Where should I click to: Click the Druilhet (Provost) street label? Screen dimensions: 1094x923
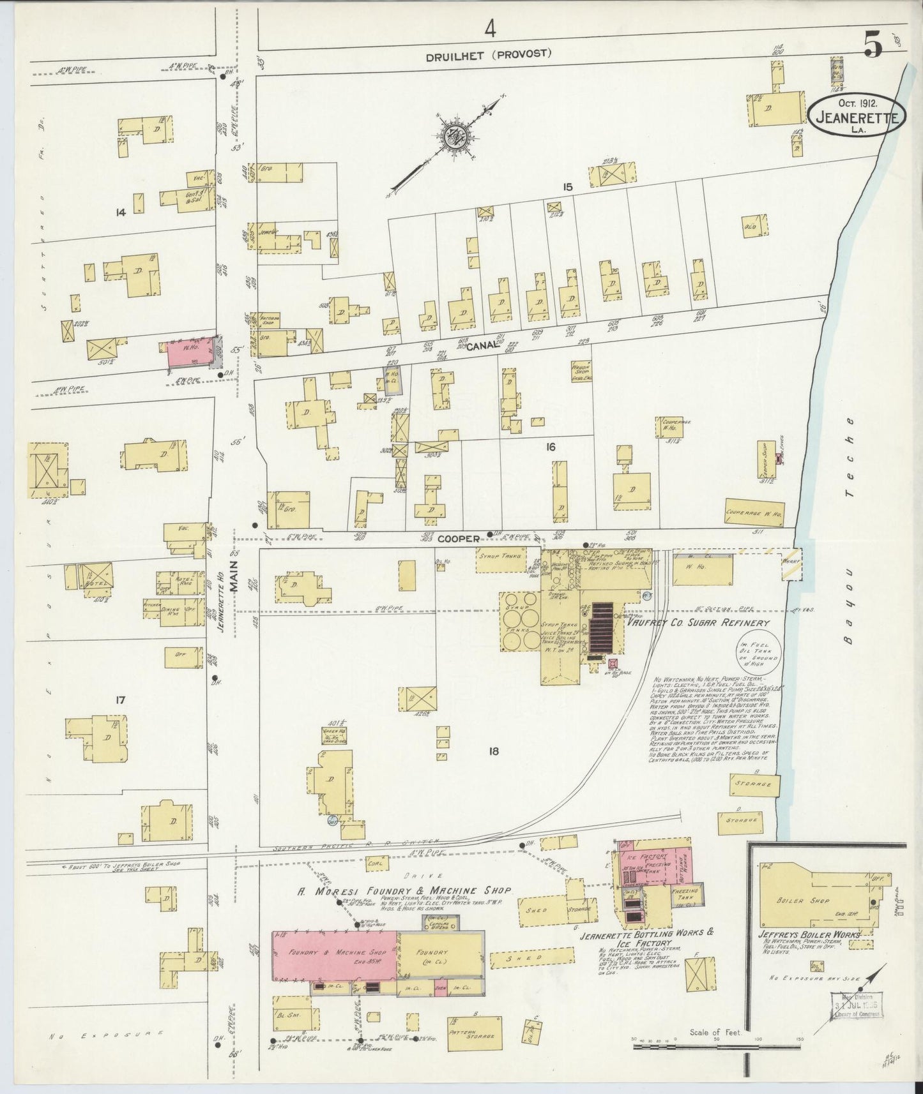click(x=489, y=54)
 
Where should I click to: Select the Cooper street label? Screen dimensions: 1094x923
click(x=458, y=539)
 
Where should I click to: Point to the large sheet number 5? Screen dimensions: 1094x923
click(x=873, y=44)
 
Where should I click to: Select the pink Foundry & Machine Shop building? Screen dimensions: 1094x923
click(x=335, y=955)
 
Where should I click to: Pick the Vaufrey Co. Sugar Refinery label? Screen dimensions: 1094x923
click(x=698, y=622)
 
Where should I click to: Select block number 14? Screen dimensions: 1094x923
click(x=119, y=212)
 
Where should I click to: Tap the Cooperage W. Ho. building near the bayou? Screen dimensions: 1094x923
click(x=754, y=512)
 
